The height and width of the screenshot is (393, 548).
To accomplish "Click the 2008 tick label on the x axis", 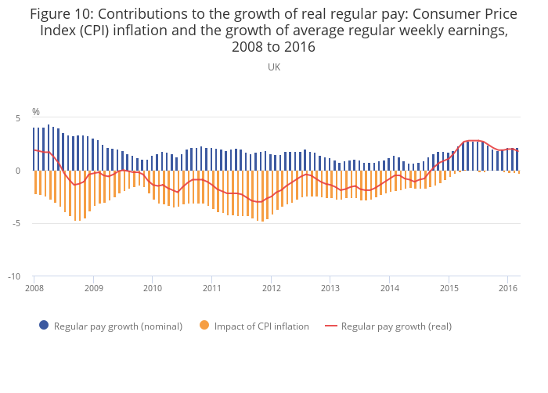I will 34,288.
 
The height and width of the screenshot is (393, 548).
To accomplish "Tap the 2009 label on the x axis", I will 93,288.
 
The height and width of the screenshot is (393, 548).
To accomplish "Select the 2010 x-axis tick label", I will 153,288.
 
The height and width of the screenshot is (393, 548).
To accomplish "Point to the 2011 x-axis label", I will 212,288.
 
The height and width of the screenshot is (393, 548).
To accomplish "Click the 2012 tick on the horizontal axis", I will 271,288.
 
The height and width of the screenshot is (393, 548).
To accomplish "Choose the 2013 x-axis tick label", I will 330,288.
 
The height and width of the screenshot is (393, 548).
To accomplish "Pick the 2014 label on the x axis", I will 390,288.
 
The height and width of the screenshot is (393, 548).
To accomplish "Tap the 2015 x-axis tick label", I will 449,288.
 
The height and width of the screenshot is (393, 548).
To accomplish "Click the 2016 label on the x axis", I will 507,288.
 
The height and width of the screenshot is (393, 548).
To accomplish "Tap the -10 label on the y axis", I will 13,276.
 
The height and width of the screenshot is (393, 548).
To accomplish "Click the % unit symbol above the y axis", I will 36,112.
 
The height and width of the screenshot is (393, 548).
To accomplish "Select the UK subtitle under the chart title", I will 274,67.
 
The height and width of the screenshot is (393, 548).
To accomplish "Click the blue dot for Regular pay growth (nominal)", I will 44,326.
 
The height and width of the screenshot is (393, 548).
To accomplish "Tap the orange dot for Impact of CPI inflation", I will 205,326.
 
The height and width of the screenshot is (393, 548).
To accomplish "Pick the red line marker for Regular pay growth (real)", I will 332,326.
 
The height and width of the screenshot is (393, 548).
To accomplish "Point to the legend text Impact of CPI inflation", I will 262,326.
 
